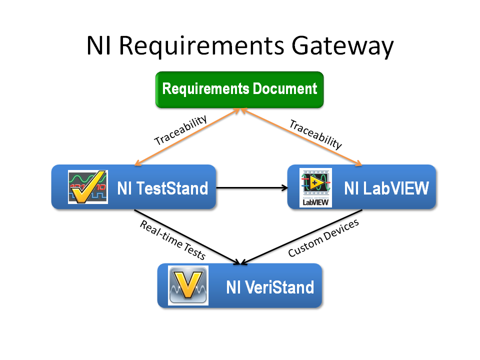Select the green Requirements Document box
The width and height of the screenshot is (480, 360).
click(239, 89)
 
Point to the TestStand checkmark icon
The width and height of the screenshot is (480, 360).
click(87, 186)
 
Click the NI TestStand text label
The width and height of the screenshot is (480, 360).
click(162, 188)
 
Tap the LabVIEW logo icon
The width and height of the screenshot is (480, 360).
click(315, 187)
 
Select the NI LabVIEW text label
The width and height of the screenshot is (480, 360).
click(386, 188)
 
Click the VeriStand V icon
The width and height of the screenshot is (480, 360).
click(188, 285)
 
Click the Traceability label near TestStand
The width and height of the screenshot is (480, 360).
click(180, 131)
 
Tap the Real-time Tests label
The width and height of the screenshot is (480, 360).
click(172, 240)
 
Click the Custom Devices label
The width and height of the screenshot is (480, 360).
click(323, 238)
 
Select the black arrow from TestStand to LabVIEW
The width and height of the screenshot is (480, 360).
click(252, 188)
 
